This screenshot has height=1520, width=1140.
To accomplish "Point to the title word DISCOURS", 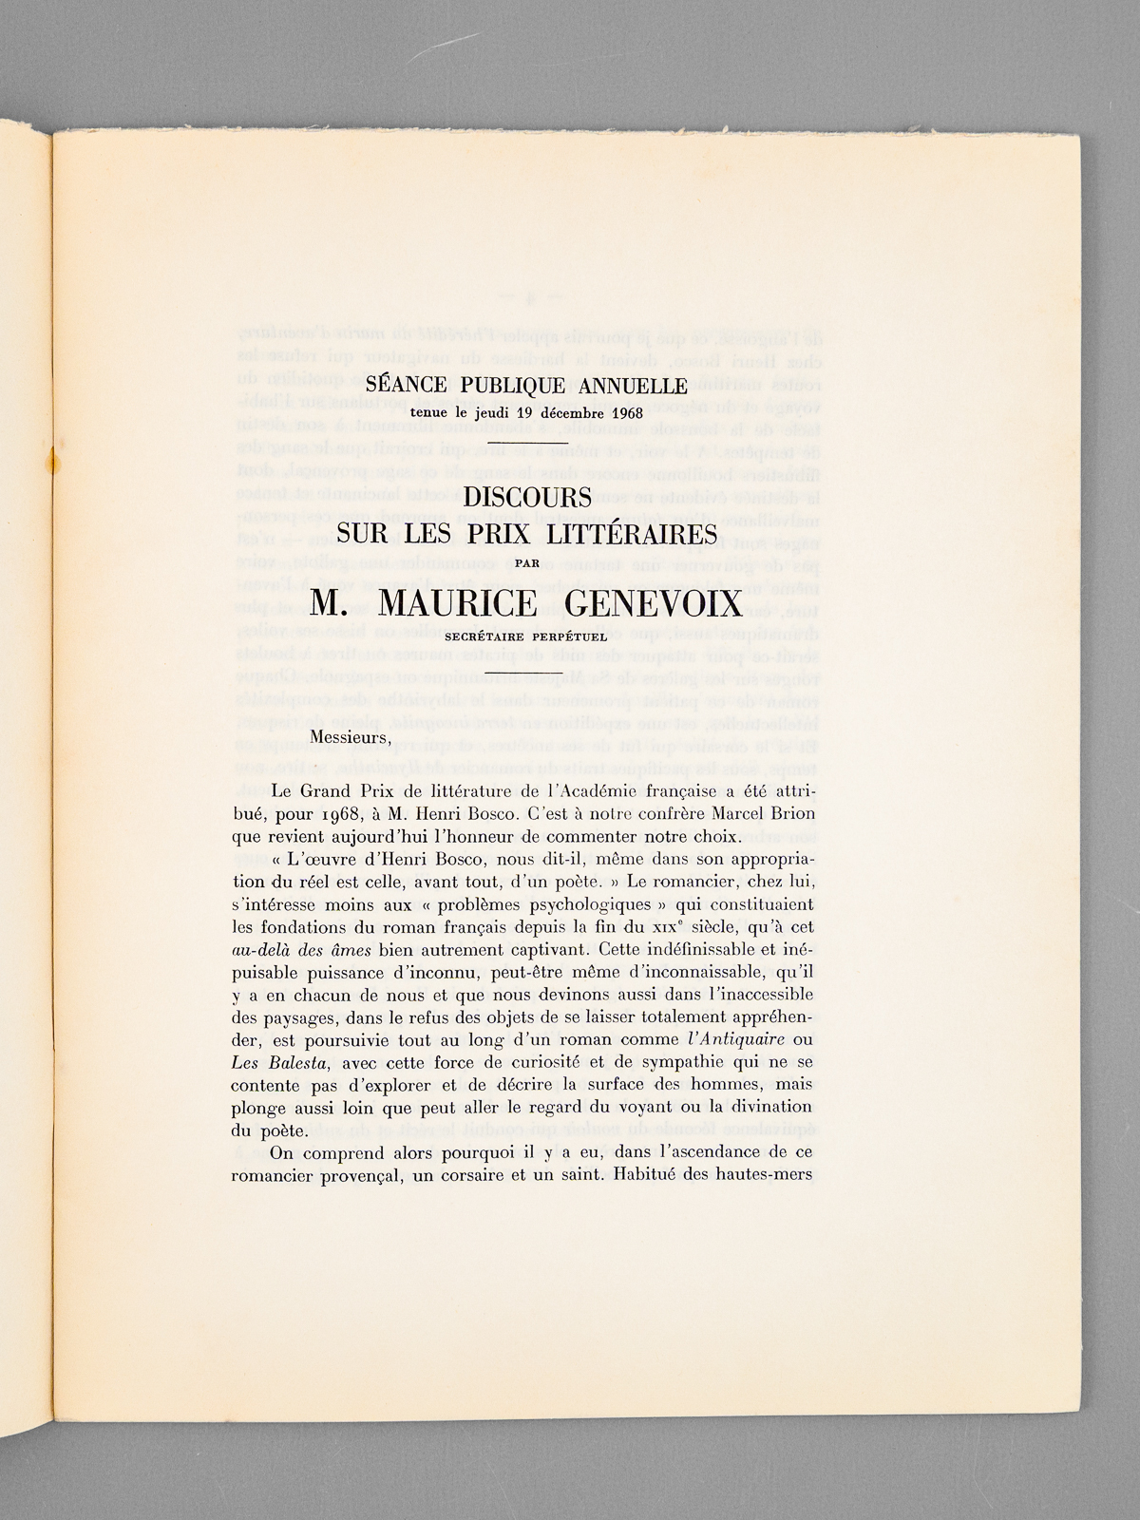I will coord(526,497).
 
